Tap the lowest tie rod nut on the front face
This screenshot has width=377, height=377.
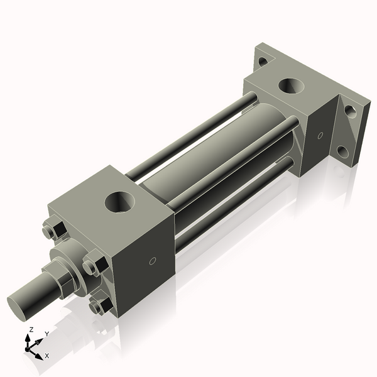[99, 306]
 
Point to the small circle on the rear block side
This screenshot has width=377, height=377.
[320, 135]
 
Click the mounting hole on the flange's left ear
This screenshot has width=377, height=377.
[262, 61]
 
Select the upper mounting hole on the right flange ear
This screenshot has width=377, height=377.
[351, 111]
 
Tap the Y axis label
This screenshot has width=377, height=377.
[47, 334]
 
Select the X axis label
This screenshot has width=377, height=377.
[46, 356]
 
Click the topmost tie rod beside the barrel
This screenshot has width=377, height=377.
[188, 135]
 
